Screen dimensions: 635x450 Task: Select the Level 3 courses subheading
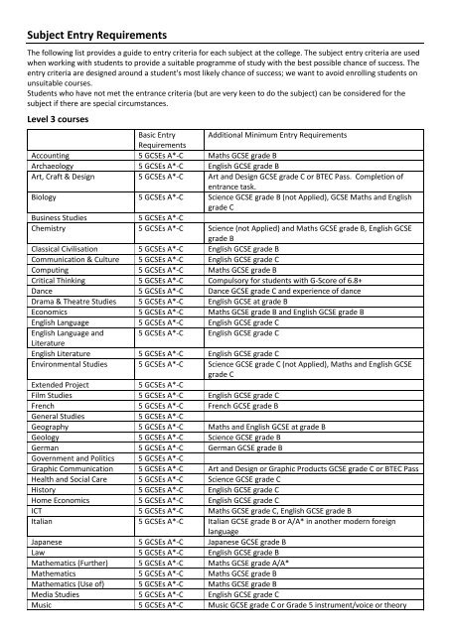(x=64, y=115)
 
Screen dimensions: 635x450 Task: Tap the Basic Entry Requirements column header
(x=166, y=140)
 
